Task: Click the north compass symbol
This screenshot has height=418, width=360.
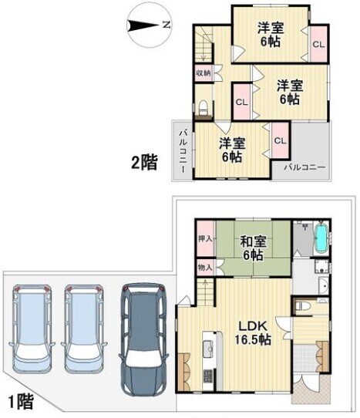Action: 150,26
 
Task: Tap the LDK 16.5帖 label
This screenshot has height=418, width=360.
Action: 253,333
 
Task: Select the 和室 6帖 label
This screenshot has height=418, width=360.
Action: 253,248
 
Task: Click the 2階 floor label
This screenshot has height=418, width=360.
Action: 144,162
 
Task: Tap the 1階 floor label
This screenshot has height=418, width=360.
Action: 21,402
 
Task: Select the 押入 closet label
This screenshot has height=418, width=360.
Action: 205,239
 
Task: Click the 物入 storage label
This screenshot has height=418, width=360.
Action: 205,267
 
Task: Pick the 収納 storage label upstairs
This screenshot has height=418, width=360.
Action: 204,72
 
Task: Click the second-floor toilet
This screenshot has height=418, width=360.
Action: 204,107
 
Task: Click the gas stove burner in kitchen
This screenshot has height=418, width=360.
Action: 208,376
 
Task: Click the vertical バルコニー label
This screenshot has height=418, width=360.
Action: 183,151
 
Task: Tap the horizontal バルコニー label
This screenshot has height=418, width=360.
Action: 304,167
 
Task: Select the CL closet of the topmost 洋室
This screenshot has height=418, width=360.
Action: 318,44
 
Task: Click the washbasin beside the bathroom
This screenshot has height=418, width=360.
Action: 324,285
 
